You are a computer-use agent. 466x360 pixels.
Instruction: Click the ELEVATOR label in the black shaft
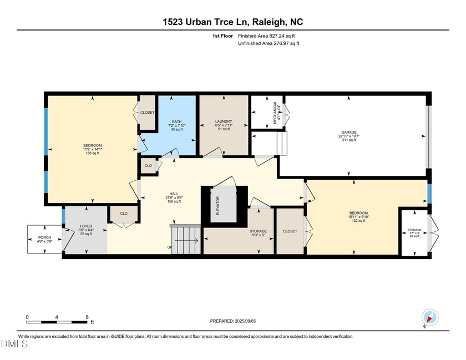tap(217, 205)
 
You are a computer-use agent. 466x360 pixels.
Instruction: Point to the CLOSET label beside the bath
tap(147, 113)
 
